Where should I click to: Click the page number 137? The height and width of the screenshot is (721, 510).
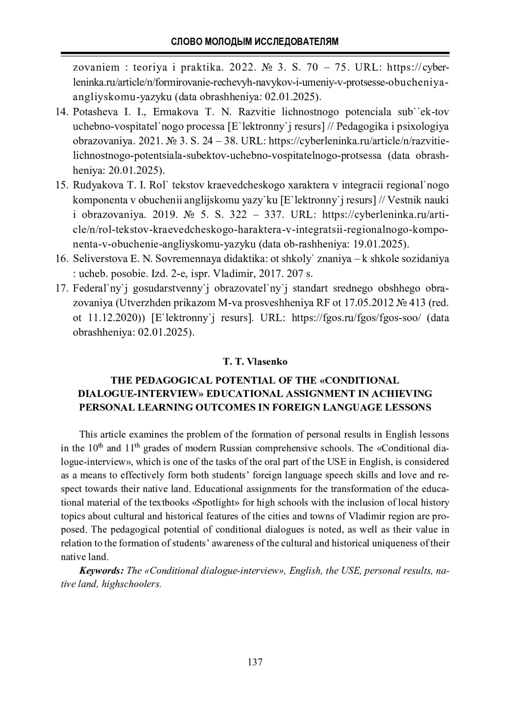[x=255, y=662]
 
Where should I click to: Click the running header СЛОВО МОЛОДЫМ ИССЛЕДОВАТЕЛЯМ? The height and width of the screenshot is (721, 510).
[x=255, y=42]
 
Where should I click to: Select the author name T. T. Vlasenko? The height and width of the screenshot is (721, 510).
[x=255, y=362]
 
